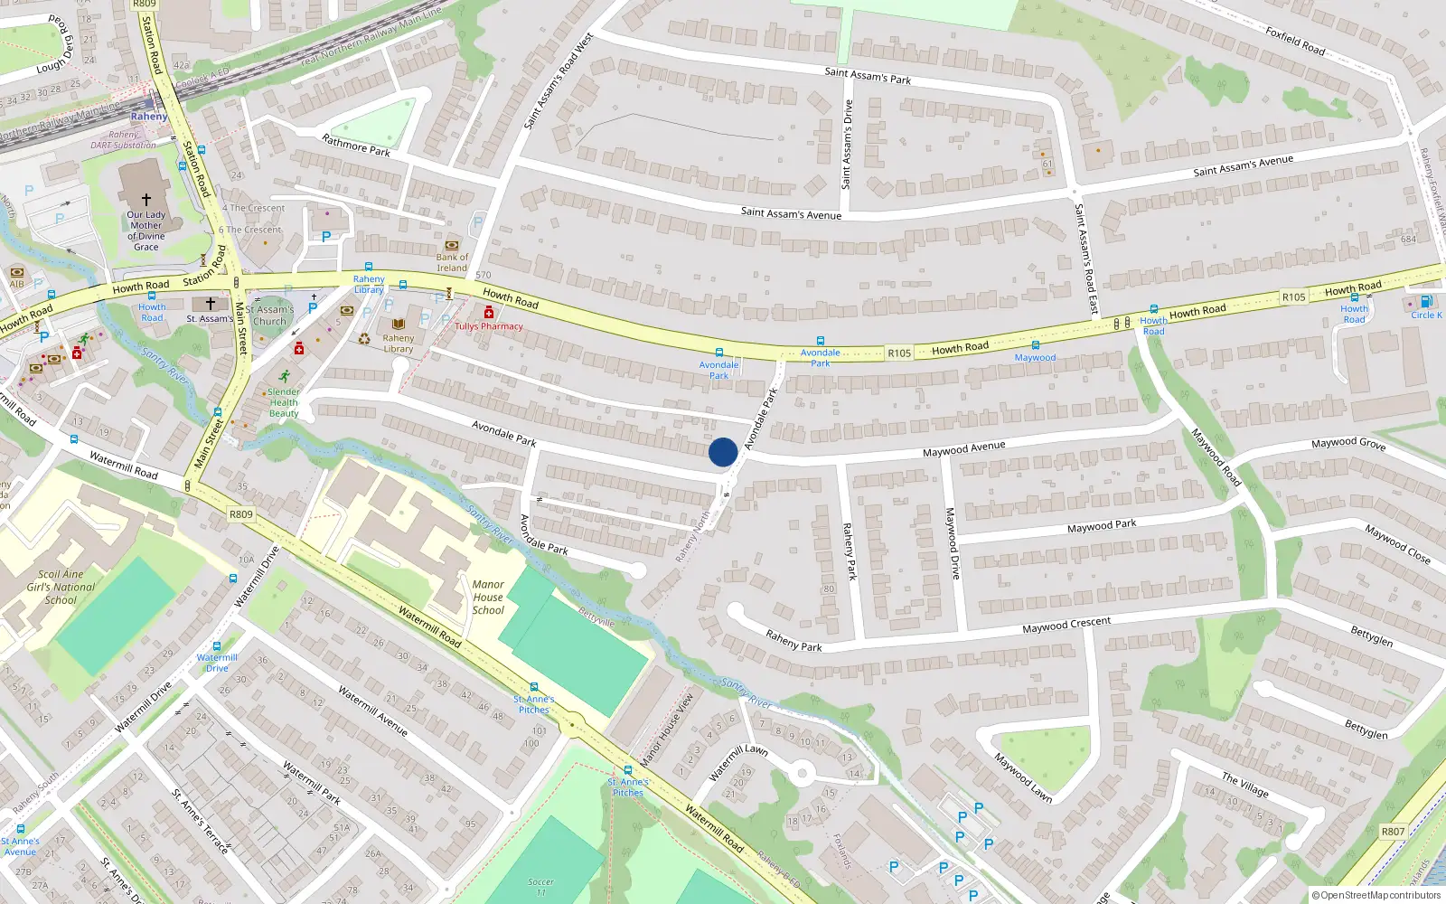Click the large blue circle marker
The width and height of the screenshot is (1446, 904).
pos(723,452)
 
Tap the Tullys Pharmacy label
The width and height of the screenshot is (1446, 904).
pos(489,326)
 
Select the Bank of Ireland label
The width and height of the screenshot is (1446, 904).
pos(452,262)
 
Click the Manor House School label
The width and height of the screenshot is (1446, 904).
pos(488,598)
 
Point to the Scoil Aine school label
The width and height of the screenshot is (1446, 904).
pos(61,587)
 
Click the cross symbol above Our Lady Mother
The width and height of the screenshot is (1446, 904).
pos(146,199)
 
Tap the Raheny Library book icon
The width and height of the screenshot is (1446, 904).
pos(398,324)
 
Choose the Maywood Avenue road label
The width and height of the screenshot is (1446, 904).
pos(963,448)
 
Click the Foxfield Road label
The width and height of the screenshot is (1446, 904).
pos(1295,42)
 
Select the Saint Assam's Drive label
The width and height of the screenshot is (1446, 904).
pos(847,145)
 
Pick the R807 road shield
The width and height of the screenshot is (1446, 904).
pos(1393,832)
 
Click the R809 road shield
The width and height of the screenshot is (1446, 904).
pos(240,514)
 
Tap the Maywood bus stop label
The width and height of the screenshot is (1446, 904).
pos(1035,358)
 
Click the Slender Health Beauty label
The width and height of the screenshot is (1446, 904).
pos(284,403)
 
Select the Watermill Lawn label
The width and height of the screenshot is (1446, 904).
pos(738,762)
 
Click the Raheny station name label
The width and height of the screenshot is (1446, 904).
pos(149,117)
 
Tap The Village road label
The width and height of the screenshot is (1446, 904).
pos(1245,784)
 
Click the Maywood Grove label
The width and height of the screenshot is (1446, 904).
pos(1348,443)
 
